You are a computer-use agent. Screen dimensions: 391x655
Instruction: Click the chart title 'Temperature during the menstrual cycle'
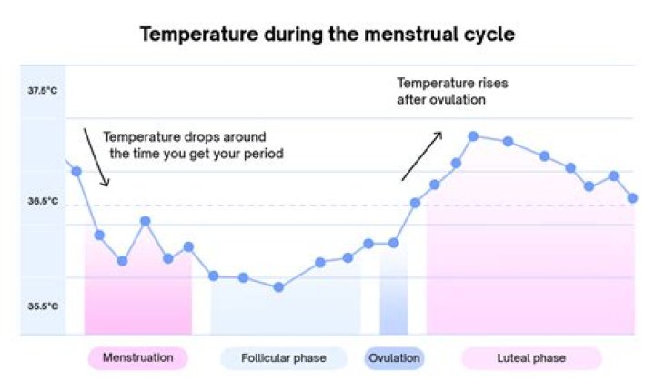coord(327,35)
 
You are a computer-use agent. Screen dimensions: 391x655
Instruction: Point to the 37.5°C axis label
coord(43,92)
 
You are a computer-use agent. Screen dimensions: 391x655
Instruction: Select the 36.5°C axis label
coord(43,201)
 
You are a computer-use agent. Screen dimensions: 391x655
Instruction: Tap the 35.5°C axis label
coord(43,306)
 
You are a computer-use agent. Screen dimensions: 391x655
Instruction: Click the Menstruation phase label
coord(137,358)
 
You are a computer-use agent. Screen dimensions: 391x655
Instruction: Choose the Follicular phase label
coord(283,358)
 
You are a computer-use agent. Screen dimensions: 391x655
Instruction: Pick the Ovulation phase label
coord(395,358)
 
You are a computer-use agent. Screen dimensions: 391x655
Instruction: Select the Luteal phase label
coord(531,358)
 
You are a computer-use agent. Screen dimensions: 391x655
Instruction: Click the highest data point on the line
coord(473,136)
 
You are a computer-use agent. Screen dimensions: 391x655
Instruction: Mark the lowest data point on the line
coord(278,287)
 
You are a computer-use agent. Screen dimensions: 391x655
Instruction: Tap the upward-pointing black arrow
coord(421,155)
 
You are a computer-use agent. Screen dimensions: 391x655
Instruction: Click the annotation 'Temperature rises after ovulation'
coord(452,91)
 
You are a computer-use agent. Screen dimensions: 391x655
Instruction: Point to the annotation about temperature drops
coord(193,145)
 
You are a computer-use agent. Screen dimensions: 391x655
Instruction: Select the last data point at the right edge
coord(632,197)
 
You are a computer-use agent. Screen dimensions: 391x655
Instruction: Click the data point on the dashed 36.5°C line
coord(416,202)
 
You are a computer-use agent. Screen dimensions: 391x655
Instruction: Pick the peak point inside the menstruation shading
coord(145,221)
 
